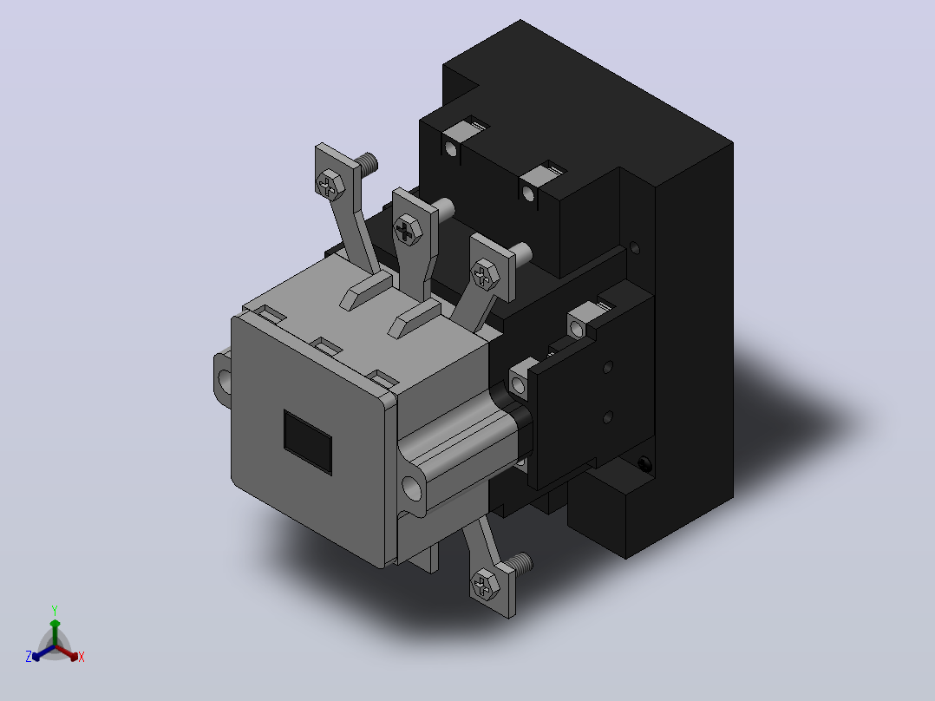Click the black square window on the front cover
click(x=308, y=442)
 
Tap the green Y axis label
click(x=55, y=610)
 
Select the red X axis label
click(x=82, y=657)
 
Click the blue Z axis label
click(x=29, y=657)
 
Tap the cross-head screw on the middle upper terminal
click(x=408, y=231)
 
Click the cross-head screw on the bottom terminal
click(x=485, y=584)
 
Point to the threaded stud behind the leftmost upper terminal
click(x=366, y=162)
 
